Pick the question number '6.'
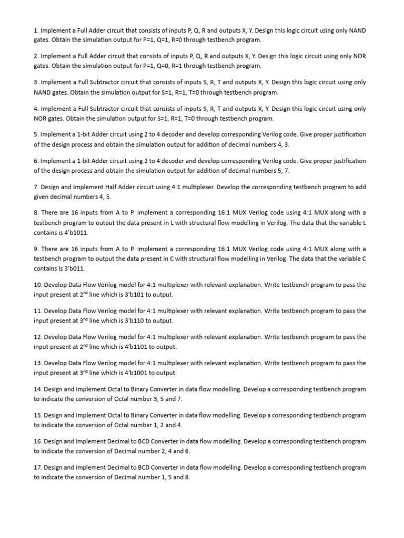point(36,161)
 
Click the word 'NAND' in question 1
point(356,30)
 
